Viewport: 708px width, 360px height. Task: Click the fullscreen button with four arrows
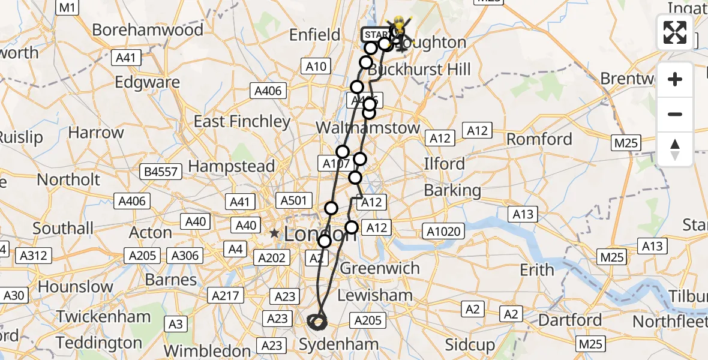675,32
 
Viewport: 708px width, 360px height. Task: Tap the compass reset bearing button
675,149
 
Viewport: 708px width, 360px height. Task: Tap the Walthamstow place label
368,128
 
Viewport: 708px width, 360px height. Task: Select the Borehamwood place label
148,30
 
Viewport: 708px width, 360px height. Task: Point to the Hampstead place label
232,166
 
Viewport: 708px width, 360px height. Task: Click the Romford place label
539,139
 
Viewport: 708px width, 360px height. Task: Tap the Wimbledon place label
206,350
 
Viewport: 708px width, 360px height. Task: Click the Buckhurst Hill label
419,70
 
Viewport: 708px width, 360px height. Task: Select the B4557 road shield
161,172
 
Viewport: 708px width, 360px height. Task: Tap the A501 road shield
293,200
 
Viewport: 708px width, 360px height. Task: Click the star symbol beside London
275,233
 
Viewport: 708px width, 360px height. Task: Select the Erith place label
537,270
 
